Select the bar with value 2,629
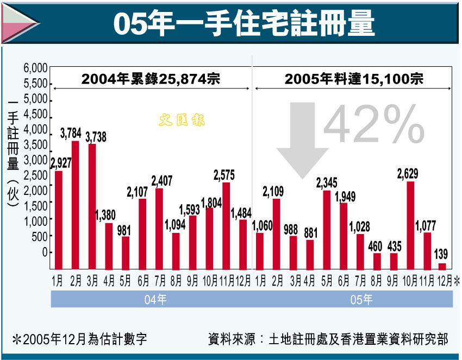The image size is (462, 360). (411, 225)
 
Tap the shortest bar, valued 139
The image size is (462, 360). (442, 266)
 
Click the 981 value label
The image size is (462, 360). (126, 228)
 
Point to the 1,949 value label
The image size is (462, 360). (345, 196)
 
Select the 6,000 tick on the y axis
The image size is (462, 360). (36, 68)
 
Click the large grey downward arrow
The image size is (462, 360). (303, 138)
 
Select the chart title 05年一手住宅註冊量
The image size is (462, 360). (244, 23)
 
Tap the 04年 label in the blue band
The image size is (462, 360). (152, 299)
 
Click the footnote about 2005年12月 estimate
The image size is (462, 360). (79, 340)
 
